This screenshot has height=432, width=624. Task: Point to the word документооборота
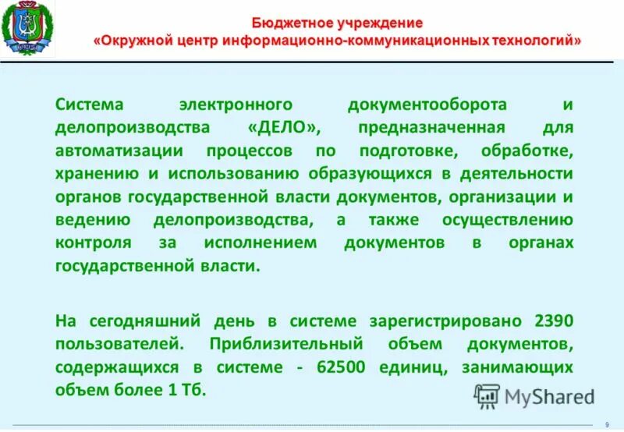(x=425, y=104)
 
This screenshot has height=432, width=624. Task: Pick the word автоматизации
(x=107, y=150)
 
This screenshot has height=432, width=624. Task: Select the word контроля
(x=93, y=243)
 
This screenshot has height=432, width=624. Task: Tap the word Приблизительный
(x=287, y=344)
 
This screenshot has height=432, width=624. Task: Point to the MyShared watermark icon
(x=487, y=397)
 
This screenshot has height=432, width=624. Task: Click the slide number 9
(x=607, y=424)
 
